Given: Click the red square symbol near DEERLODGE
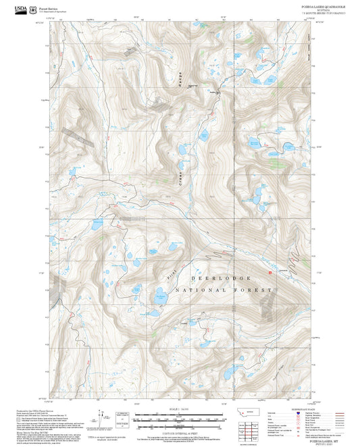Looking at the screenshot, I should click(x=270, y=273).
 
